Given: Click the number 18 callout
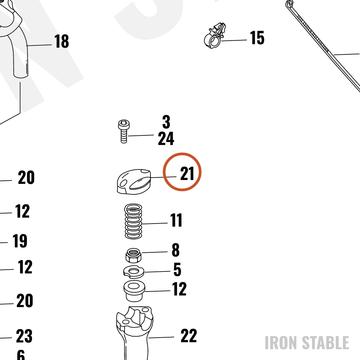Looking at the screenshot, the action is coord(62,41).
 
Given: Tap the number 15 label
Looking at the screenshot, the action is coord(257,38).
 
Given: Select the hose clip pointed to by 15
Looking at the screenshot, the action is coord(215,36).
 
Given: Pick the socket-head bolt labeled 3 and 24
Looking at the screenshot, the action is coord(124,131).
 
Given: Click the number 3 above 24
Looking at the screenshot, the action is coord(166,122).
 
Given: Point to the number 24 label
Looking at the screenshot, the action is coord(166,139).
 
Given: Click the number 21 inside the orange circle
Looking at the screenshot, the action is coord(187,174).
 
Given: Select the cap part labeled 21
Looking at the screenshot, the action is coord(134,182).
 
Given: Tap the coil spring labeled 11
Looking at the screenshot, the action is coord(133,221).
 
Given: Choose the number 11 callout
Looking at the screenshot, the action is coord(176,220).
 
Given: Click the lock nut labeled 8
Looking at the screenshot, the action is coord(133,255).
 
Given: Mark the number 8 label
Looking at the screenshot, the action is coord(176,250).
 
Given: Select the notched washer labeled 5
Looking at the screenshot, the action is coord(134,272).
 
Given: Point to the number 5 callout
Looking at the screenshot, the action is coord(177,269).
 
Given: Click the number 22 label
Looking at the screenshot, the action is coord(189,336).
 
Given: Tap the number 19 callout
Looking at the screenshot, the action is coord(20,241).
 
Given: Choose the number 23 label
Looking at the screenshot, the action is coord(24,336).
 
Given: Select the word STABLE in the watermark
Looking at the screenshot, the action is coord(325,343).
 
